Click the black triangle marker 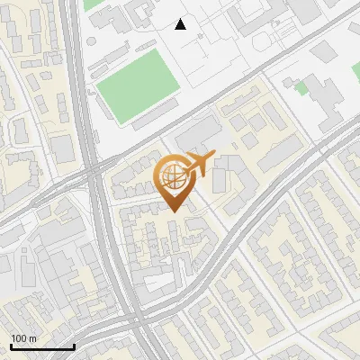point(181,24)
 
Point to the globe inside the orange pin point(171,175)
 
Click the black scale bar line point(42,347)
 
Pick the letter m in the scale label point(32,338)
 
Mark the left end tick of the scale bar point(11,346)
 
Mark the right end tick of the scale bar point(74,346)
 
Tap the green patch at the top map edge point(94,4)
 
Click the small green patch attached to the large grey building point(301,89)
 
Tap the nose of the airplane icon point(212,158)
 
